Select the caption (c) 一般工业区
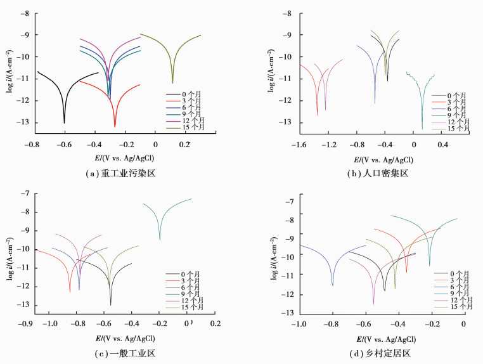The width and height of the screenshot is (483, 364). tap(119, 354)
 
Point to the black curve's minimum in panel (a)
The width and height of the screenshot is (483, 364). tap(64, 122)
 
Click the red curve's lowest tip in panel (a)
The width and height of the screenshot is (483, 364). tap(115, 126)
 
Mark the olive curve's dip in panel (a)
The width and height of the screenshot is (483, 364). tap(172, 82)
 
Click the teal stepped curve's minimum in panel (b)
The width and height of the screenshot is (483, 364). tap(422, 129)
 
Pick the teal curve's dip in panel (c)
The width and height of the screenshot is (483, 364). tap(160, 239)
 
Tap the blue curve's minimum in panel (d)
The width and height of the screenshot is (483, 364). tap(333, 285)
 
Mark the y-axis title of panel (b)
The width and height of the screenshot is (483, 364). tap(272, 75)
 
